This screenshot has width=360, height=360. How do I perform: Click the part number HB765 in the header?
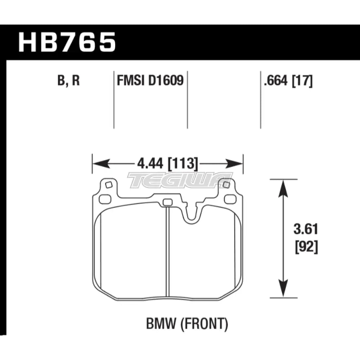point(67,42)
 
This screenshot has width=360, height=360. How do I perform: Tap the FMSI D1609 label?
point(150,81)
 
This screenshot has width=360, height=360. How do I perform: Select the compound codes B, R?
point(68,81)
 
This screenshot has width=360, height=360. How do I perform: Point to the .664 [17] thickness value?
point(288,81)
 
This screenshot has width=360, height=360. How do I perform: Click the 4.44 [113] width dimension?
point(167,164)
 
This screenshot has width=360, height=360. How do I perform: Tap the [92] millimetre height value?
point(306,247)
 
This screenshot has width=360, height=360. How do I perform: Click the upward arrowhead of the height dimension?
point(283,188)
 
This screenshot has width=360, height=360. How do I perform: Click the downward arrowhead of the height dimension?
point(283,288)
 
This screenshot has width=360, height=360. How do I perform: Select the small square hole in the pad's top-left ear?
point(108,185)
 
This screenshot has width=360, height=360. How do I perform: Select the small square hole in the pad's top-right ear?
point(226,185)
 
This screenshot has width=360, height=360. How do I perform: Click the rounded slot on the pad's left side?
point(105,199)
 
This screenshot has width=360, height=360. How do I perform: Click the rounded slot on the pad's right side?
point(230,199)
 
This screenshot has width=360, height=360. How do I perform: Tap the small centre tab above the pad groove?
point(167,202)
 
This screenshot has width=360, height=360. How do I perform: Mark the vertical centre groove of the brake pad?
point(167,253)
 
